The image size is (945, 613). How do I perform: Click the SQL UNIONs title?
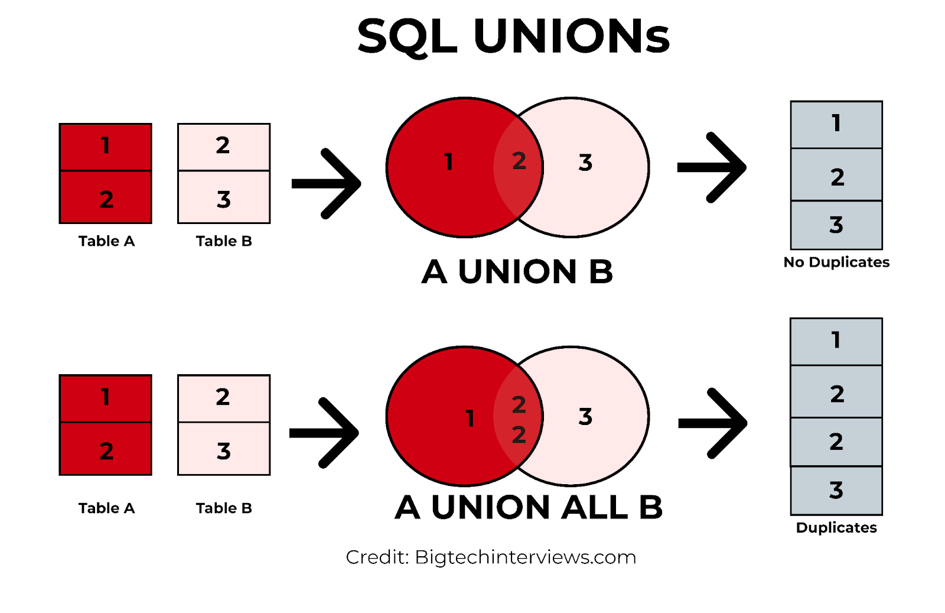(513, 37)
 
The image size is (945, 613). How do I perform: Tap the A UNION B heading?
(517, 272)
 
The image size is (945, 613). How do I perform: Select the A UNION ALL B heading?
(529, 507)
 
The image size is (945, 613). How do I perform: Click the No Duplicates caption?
(836, 262)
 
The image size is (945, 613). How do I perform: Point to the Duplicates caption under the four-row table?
(836, 527)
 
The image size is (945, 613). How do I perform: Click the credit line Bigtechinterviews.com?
(491, 557)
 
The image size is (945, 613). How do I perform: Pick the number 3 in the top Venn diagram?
(585, 163)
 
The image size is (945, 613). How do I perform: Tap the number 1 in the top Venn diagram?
(449, 162)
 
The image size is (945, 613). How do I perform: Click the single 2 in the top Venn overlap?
(519, 161)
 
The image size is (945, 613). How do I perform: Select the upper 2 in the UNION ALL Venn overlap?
(519, 405)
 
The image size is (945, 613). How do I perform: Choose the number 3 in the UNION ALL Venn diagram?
(585, 417)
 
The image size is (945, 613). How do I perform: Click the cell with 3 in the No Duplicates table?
(836, 225)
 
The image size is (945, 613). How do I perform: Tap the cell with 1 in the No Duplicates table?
(836, 124)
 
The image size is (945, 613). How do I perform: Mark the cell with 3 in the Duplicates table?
(836, 490)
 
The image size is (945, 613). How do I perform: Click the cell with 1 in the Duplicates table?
(836, 341)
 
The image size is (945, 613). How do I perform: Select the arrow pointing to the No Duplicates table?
(712, 168)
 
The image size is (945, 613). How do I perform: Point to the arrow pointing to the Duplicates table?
(713, 423)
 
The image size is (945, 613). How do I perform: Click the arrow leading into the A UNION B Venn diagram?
(327, 184)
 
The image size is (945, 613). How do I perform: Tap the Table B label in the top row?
(224, 241)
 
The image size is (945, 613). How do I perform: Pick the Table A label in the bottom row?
(106, 508)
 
